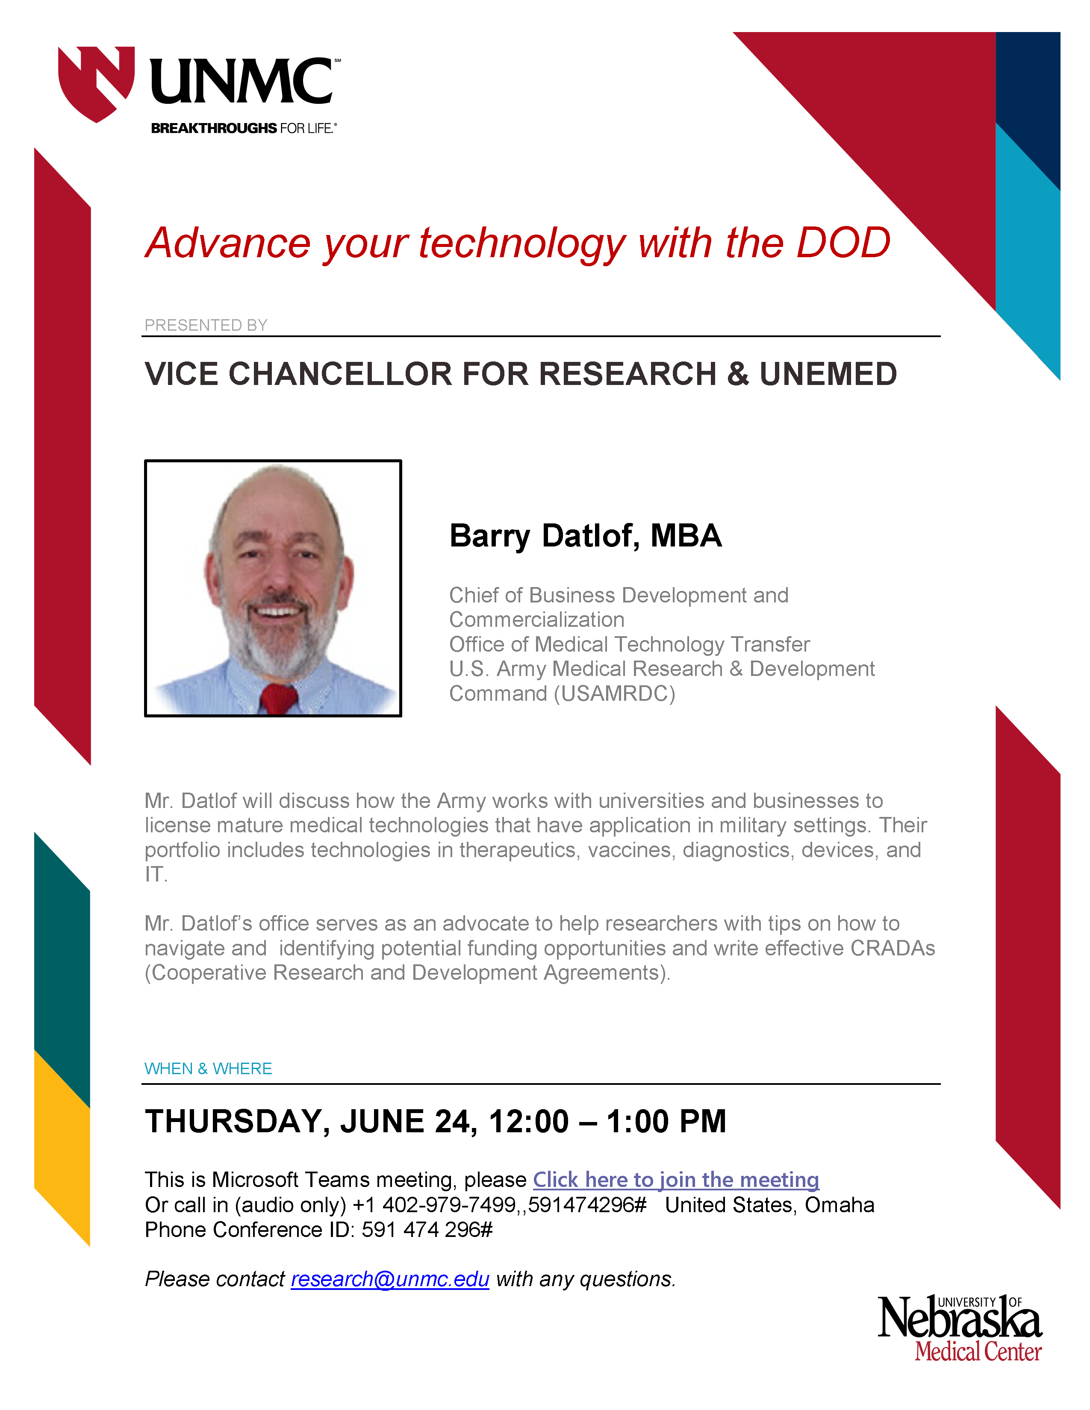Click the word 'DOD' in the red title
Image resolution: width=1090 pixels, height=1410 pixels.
[843, 244]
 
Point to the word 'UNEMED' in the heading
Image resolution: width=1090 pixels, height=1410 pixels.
[828, 374]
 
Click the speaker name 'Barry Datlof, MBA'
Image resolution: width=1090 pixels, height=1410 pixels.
[586, 536]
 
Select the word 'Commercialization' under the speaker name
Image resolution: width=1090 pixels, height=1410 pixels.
[536, 620]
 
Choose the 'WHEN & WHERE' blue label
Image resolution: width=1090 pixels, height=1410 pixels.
[208, 1069]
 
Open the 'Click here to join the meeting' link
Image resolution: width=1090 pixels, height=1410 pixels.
[676, 1180]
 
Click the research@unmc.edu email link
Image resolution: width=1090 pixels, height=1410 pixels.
[390, 1279]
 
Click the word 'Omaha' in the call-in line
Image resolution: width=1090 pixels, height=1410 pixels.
[840, 1205]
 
